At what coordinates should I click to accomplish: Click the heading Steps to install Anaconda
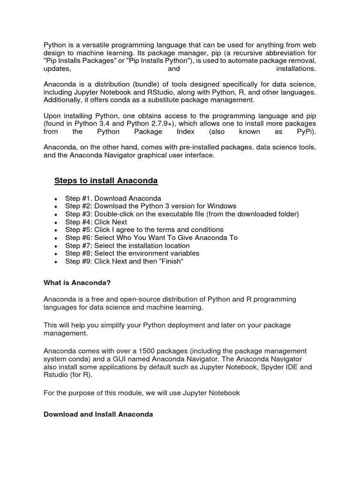106,181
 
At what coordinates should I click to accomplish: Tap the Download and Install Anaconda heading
98,414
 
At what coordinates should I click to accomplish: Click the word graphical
152,156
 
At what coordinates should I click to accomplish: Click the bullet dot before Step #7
56,246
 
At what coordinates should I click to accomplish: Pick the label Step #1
78,198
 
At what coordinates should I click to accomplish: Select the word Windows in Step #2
223,206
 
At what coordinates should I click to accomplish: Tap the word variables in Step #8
184,254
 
